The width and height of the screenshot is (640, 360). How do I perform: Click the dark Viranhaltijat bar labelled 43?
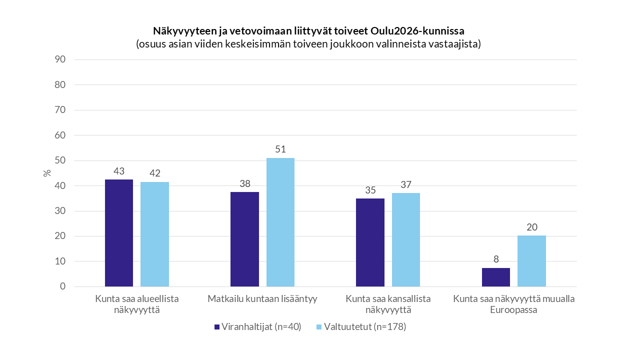click(119, 233)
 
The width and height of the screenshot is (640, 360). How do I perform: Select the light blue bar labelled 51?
click(280, 222)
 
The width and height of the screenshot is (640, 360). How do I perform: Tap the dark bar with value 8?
click(496, 277)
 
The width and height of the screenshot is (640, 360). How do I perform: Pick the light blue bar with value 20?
click(531, 261)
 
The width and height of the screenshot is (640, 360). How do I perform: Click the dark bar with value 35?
click(370, 242)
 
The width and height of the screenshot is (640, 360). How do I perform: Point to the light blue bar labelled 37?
click(406, 240)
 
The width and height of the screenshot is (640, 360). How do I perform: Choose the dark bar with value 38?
click(244, 239)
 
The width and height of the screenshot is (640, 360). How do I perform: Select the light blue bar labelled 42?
click(154, 234)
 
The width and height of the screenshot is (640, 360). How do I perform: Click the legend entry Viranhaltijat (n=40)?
click(257, 327)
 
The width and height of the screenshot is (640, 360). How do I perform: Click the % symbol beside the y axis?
click(47, 173)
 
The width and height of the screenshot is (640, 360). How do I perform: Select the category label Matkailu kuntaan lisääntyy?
click(262, 299)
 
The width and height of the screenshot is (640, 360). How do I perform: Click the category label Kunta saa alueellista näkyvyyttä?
click(137, 304)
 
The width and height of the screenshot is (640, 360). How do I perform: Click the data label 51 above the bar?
click(280, 149)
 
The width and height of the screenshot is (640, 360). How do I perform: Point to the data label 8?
click(496, 259)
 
